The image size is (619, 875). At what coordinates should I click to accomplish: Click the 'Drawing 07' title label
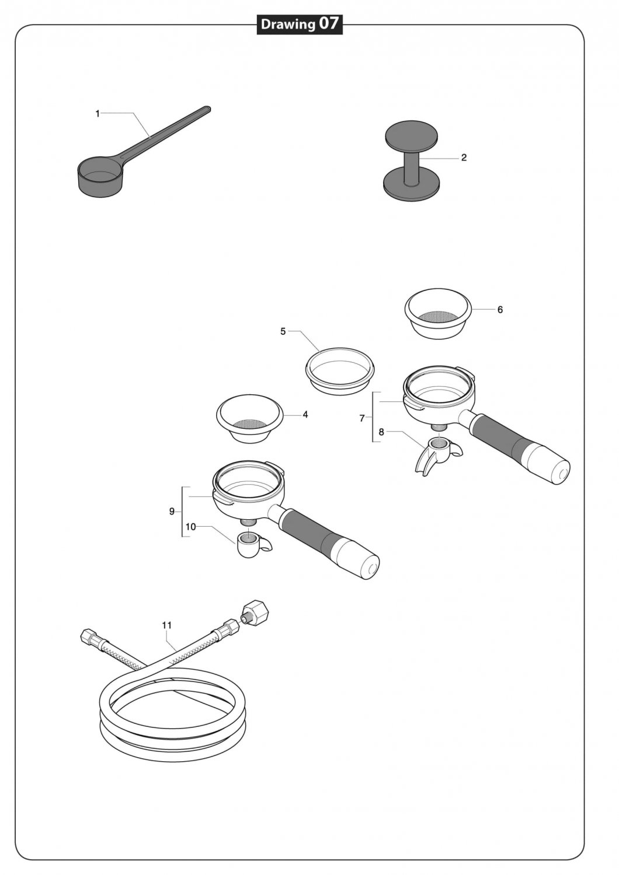300,24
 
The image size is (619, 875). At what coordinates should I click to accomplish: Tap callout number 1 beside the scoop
98,114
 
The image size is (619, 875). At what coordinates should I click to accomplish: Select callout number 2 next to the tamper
464,158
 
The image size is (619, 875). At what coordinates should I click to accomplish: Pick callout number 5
283,332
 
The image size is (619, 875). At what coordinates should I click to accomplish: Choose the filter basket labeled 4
249,418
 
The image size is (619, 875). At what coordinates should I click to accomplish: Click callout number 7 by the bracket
362,418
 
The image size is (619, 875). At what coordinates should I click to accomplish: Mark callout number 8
381,432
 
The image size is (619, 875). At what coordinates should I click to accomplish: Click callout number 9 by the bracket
172,512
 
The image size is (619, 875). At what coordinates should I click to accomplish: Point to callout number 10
190,527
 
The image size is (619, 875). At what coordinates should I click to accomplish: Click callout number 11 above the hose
167,625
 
